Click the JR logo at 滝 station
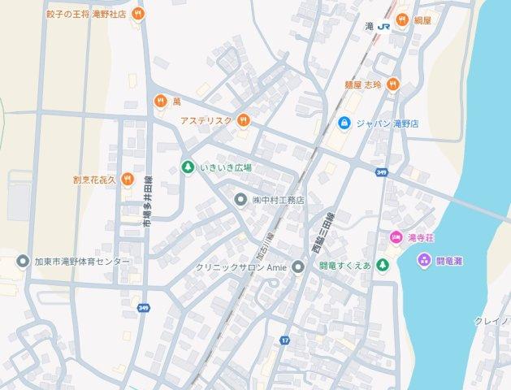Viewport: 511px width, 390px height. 383,26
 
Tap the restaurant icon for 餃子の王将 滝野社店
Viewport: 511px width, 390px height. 139,14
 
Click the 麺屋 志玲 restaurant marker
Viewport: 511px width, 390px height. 393,84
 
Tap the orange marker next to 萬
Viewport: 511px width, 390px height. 160,102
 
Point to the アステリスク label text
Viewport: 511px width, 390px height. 206,121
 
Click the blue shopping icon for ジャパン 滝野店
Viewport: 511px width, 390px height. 344,123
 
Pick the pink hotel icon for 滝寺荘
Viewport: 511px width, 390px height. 396,238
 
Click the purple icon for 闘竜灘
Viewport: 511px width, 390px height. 423,260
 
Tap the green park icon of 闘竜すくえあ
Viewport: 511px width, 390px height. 383,266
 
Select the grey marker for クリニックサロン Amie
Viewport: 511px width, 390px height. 298,266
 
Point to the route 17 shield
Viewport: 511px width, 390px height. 284,340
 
